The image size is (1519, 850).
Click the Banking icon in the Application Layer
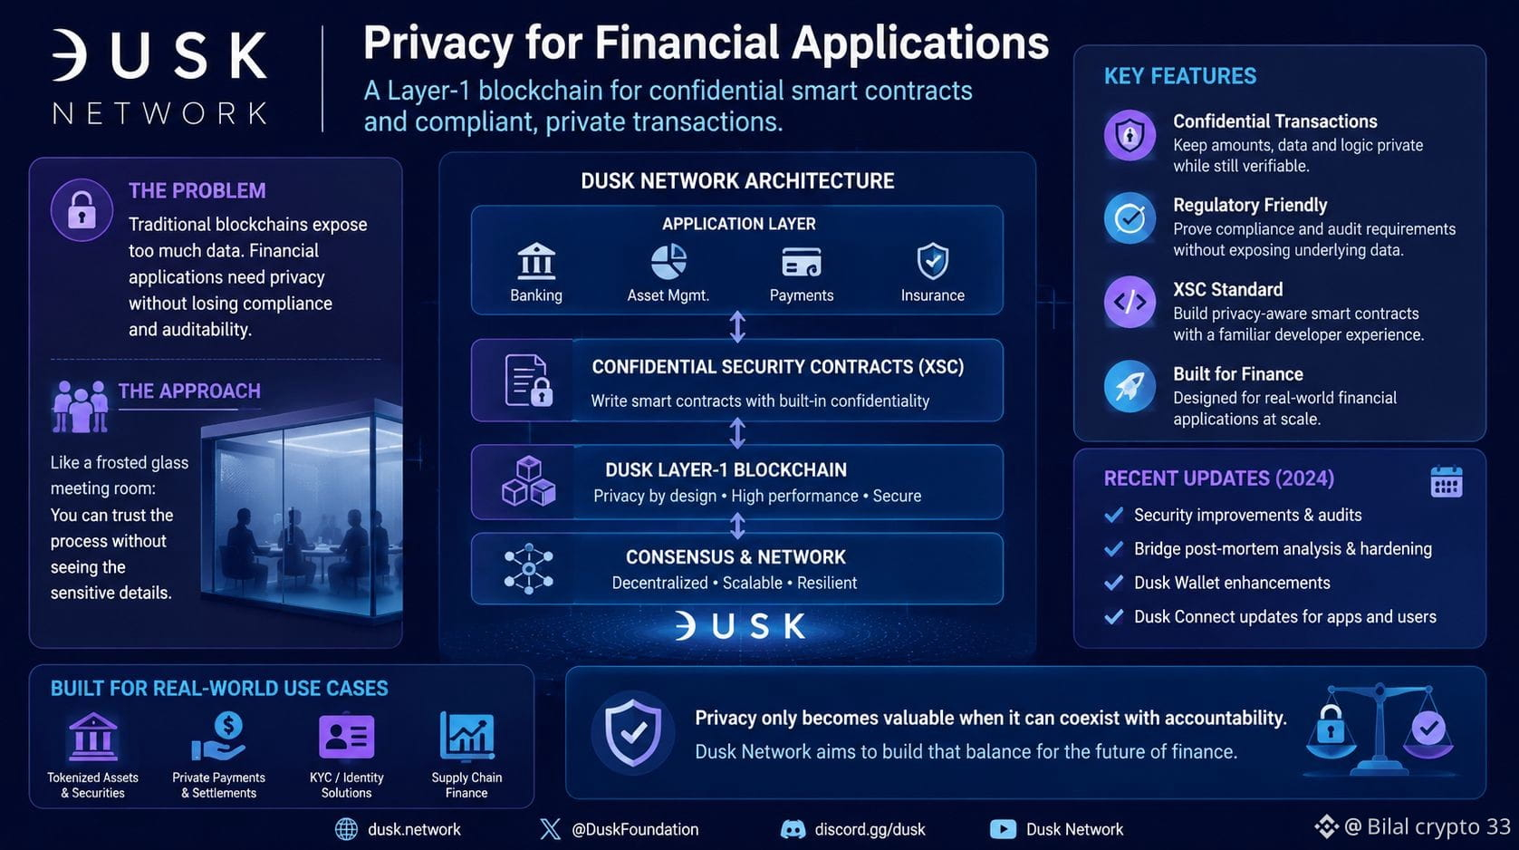(x=536, y=261)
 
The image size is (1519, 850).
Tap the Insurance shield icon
(x=932, y=261)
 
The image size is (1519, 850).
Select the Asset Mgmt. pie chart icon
(x=668, y=262)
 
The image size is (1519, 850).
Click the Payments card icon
(x=802, y=262)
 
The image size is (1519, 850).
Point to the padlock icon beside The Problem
(x=82, y=209)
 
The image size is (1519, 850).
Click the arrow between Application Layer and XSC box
(x=738, y=327)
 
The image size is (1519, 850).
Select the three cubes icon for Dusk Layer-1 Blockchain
(x=529, y=482)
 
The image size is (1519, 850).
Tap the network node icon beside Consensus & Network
(x=529, y=568)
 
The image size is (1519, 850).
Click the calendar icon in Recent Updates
(x=1447, y=482)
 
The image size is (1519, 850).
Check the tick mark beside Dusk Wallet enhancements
(x=1113, y=583)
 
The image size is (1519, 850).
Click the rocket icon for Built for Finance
(x=1130, y=387)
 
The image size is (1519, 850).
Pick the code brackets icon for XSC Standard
(x=1130, y=302)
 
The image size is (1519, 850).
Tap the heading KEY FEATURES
(x=1180, y=76)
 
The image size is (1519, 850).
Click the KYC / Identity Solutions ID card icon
(x=347, y=736)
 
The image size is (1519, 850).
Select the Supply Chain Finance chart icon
(x=466, y=736)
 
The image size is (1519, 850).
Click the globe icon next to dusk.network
(x=347, y=829)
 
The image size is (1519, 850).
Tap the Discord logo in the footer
(x=793, y=829)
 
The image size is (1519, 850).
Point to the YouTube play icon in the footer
(x=1003, y=829)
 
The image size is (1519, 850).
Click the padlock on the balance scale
(x=1331, y=725)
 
